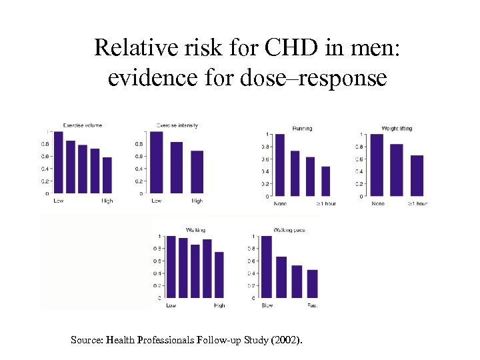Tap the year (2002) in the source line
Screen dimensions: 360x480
(287, 340)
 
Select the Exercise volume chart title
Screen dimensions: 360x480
(83, 125)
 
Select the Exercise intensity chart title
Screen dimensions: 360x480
(177, 125)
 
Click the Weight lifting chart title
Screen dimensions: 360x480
(397, 128)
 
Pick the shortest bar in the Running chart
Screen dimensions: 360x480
(326, 181)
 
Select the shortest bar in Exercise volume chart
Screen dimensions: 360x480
(107, 175)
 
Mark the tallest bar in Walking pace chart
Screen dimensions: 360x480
(267, 267)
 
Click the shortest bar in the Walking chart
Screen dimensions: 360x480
(219, 275)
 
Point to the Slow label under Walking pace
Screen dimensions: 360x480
(267, 305)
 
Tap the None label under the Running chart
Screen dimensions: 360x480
(279, 203)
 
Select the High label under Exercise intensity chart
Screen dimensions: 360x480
(197, 201)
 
